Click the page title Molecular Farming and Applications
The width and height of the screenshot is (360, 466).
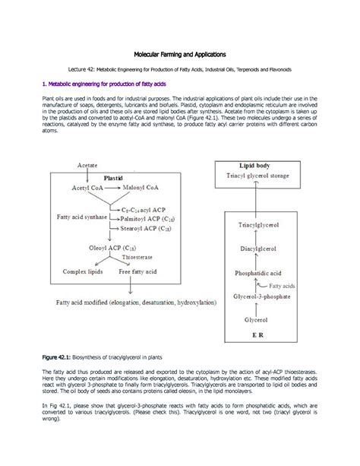click(180, 55)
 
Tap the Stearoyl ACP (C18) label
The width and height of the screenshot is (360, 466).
click(147, 226)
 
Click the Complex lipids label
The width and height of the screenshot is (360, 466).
click(85, 270)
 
